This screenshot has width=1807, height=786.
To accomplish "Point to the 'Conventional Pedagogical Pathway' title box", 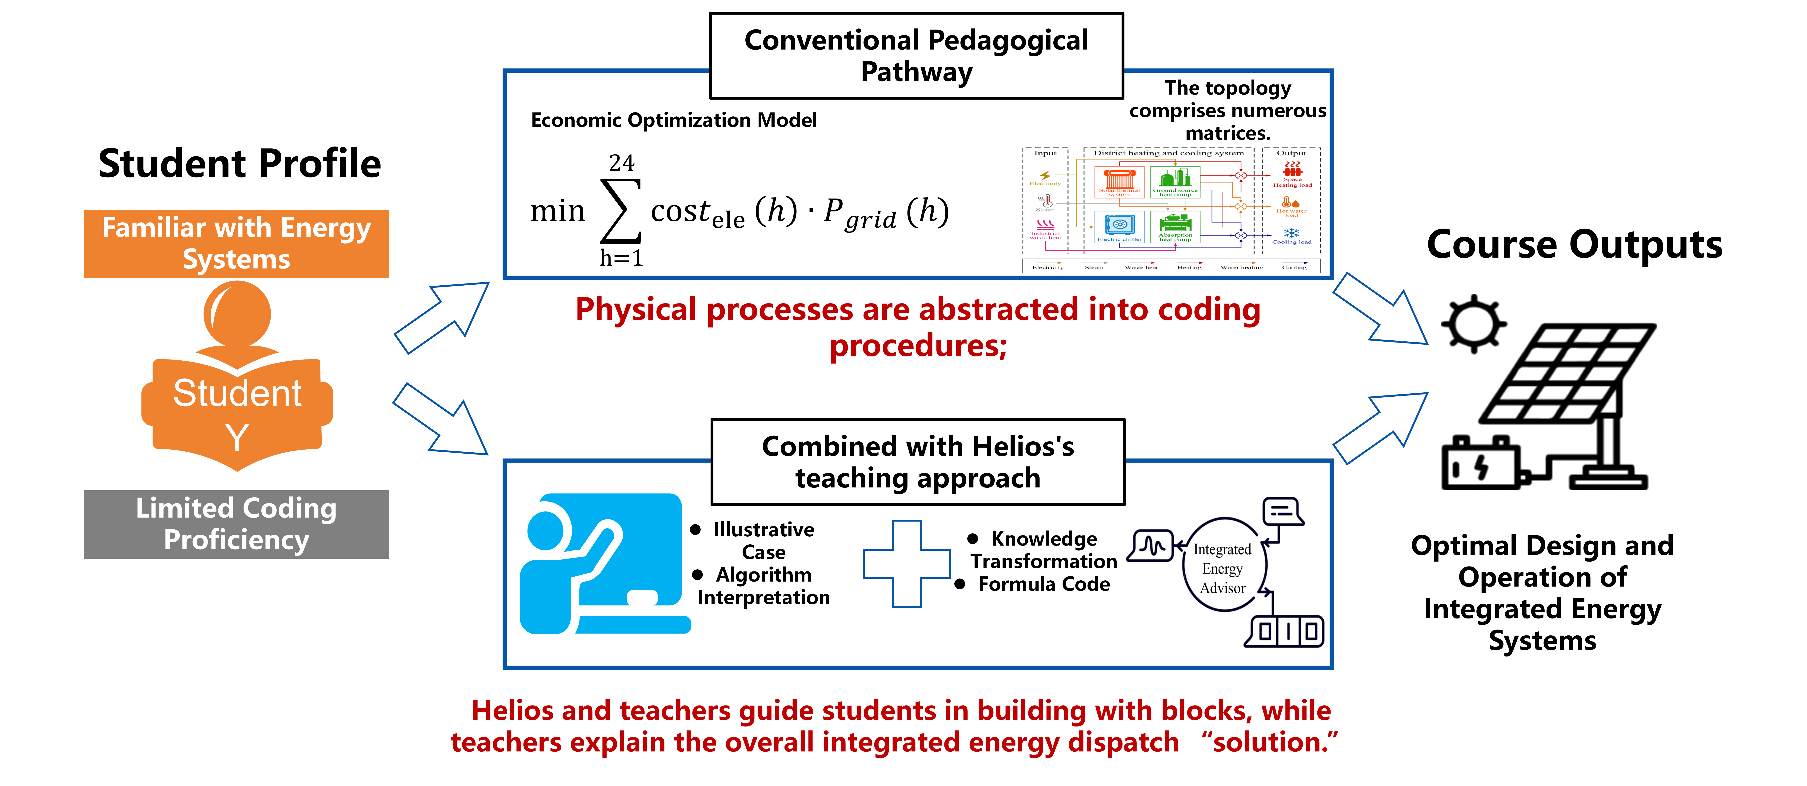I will point(916,56).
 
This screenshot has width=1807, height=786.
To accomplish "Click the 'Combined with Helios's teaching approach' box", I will point(918,462).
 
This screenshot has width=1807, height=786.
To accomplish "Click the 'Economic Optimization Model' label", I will point(673,121).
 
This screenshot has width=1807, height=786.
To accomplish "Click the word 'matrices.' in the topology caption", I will point(1227,133).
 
